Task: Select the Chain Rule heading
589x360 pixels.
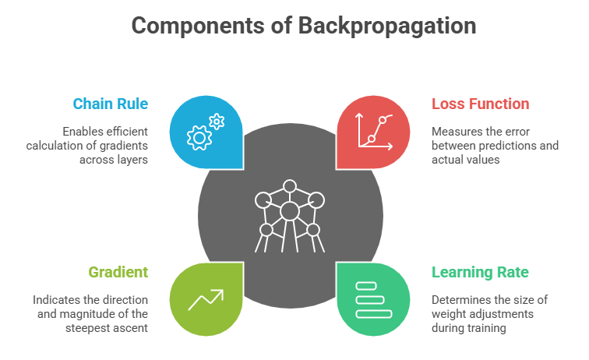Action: click(x=111, y=104)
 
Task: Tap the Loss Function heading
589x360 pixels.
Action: click(x=480, y=104)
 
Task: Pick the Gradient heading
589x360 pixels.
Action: click(x=118, y=272)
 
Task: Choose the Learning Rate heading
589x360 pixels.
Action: click(x=480, y=272)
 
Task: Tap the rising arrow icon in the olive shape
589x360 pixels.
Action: click(x=206, y=299)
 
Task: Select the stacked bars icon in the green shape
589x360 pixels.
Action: click(x=373, y=299)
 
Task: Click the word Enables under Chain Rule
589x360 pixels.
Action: click(x=79, y=131)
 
